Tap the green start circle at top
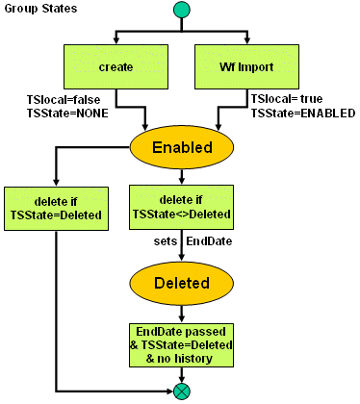pos(180,10)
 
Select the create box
pos(116,67)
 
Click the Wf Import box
pos(246,67)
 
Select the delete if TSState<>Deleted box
pos(181,209)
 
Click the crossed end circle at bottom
pos(181,391)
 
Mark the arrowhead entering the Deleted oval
pos(181,260)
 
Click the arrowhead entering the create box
pos(116,42)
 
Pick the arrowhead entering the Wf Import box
pos(246,42)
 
